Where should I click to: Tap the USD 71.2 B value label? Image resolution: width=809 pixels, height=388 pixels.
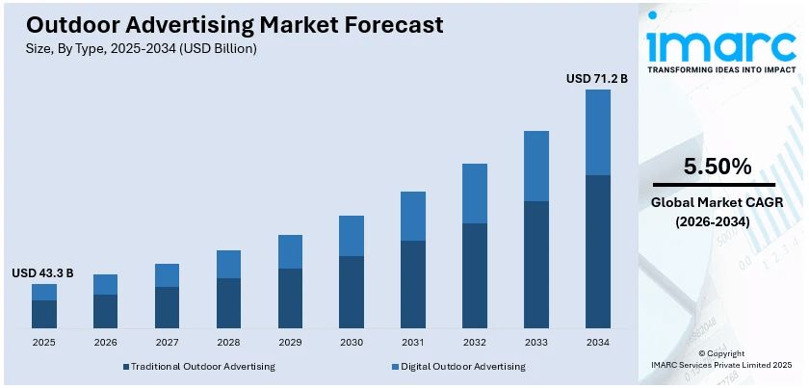pos(596,78)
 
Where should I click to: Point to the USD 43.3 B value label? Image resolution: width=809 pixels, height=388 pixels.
pos(42,273)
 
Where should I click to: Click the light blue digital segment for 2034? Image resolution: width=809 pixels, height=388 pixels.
pos(598,132)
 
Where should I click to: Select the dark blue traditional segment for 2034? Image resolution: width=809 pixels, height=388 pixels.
pos(598,251)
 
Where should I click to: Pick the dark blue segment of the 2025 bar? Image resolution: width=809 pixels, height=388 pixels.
pos(44,314)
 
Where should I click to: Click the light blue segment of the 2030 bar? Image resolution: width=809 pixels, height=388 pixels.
pos(352,236)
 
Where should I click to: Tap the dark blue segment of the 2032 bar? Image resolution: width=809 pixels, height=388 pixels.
pos(475,275)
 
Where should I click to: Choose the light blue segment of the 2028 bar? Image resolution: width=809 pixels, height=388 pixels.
pos(228,264)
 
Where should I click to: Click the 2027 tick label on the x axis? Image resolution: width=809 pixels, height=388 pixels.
pos(167,342)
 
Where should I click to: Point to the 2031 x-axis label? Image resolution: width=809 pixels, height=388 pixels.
pos(413,342)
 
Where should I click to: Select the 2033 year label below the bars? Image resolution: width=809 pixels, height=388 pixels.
pos(536,342)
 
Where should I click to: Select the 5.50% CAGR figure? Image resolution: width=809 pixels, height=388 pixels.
pos(717,167)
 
